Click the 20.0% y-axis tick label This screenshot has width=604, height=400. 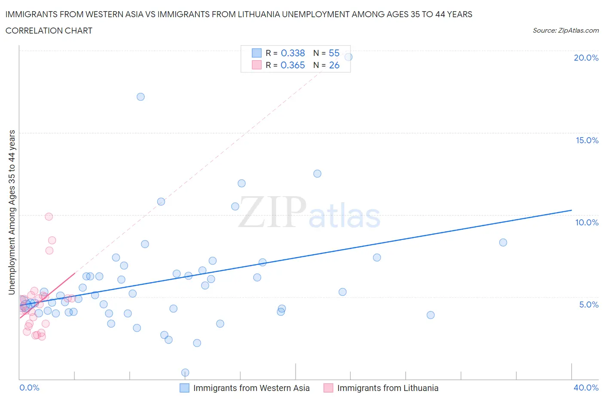pyautogui.click(x=586, y=58)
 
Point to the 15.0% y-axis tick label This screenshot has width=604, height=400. pyautogui.click(x=587, y=140)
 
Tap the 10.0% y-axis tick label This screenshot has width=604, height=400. pyautogui.click(x=587, y=222)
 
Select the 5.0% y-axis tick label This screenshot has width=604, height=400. pyautogui.click(x=589, y=305)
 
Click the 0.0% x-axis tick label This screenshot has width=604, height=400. pyautogui.click(x=29, y=388)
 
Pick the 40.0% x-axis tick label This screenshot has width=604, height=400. pyautogui.click(x=586, y=388)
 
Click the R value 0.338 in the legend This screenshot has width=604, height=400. pyautogui.click(x=293, y=53)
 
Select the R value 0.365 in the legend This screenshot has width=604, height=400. pyautogui.click(x=293, y=65)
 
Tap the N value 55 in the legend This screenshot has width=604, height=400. pyautogui.click(x=334, y=53)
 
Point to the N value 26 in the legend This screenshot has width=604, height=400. pyautogui.click(x=334, y=65)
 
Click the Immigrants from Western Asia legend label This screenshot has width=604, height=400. pyautogui.click(x=251, y=388)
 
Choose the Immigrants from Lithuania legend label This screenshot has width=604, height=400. pyautogui.click(x=387, y=388)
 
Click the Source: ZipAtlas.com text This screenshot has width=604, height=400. pyautogui.click(x=565, y=31)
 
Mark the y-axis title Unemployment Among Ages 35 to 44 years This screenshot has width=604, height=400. pyautogui.click(x=12, y=212)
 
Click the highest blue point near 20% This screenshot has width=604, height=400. pyautogui.click(x=348, y=57)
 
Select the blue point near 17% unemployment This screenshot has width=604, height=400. pyautogui.click(x=140, y=97)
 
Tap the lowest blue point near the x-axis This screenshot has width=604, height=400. pyautogui.click(x=185, y=372)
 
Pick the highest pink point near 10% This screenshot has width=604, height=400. pyautogui.click(x=49, y=217)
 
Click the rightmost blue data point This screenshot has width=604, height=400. pyautogui.click(x=503, y=243)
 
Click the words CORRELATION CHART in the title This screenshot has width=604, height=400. pyautogui.click(x=49, y=31)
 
